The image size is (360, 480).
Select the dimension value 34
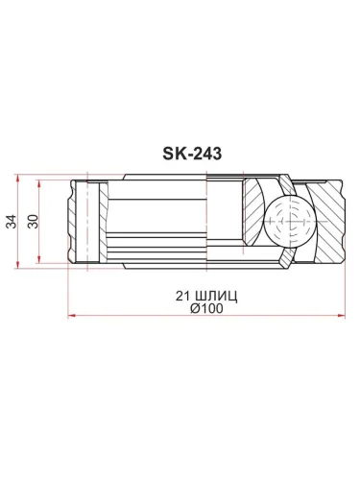point(11,220)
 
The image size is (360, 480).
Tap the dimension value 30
point(34,220)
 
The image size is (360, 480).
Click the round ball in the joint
point(285,220)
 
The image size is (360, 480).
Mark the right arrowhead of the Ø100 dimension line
point(338,312)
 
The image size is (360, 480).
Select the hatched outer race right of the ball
point(324,220)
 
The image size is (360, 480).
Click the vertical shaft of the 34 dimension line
point(19,240)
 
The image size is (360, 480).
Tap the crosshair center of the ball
point(285,220)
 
